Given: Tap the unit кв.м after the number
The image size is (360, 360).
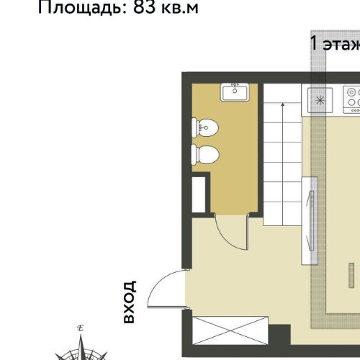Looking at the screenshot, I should [x=180, y=8].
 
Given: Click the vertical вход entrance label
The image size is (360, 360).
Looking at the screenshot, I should [x=130, y=302].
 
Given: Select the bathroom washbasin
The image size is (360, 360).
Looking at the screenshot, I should [x=235, y=92].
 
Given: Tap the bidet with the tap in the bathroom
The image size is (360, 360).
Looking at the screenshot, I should [x=204, y=128].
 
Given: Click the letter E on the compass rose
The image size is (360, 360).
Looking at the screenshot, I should [x=81, y=328].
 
